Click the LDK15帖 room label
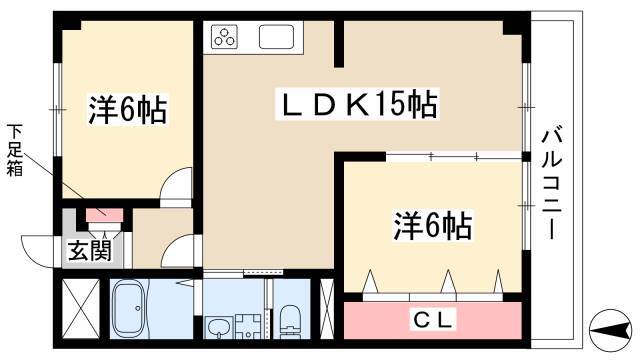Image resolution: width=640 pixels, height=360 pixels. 356,104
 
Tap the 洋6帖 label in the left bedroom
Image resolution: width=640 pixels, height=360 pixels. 128,109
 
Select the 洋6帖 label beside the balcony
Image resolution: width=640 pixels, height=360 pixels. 433,225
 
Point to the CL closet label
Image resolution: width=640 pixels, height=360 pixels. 433,320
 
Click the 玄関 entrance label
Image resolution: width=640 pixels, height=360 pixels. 89,250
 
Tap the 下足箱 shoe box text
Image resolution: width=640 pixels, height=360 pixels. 14,150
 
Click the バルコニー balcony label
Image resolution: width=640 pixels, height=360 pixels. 552,185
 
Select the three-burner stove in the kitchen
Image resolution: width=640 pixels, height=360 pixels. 224,36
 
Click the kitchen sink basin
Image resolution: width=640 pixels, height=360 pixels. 276,37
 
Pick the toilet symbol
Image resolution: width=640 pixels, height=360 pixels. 291,321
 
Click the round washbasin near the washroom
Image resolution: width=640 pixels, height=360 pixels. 218,327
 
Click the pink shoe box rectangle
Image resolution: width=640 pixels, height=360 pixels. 104,213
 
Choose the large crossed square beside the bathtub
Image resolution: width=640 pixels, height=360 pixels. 81,308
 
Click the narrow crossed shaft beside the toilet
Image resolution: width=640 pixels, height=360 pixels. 327,309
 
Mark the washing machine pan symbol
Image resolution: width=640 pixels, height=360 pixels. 249,326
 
